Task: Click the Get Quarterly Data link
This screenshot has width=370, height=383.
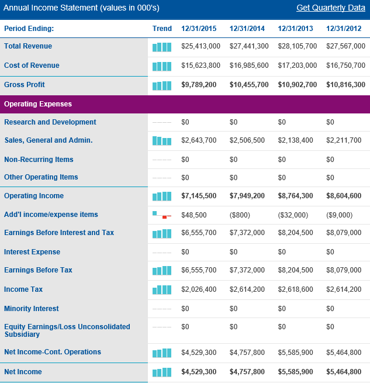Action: pyautogui.click(x=331, y=8)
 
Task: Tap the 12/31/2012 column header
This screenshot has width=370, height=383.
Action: pyautogui.click(x=344, y=29)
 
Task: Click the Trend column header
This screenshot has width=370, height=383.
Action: pyautogui.click(x=162, y=29)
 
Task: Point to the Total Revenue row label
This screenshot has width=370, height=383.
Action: pyautogui.click(x=28, y=46)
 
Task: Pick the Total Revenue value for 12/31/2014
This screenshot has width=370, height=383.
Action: pyautogui.click(x=249, y=46)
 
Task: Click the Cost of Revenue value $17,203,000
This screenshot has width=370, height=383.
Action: pyautogui.click(x=298, y=65)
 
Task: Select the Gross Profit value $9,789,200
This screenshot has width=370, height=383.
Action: pyautogui.click(x=199, y=85)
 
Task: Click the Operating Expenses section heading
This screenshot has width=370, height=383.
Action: pyautogui.click(x=38, y=104)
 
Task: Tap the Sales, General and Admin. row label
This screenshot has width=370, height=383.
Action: pyautogui.click(x=48, y=140)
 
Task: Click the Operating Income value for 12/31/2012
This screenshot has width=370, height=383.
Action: pyautogui.click(x=344, y=196)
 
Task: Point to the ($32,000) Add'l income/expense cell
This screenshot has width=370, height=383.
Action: pyautogui.click(x=293, y=215)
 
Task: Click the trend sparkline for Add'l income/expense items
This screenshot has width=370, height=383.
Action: pyautogui.click(x=162, y=215)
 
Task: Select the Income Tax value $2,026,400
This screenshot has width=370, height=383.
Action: pyautogui.click(x=199, y=289)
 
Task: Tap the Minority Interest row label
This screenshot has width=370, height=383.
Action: pyautogui.click(x=32, y=309)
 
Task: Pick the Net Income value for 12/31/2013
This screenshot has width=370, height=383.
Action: pyautogui.click(x=296, y=372)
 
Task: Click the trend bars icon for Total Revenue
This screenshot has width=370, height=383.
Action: pyautogui.click(x=162, y=47)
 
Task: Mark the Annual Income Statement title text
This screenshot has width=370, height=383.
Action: pyautogui.click(x=81, y=8)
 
